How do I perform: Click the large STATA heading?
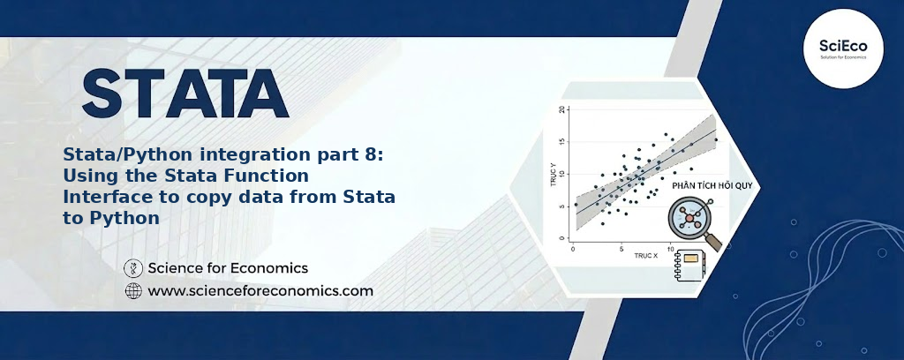[x=185, y=94]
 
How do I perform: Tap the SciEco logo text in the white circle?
[x=843, y=47]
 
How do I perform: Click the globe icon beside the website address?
[x=133, y=291]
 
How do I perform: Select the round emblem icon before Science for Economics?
[x=133, y=268]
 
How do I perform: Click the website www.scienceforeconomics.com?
[x=260, y=291]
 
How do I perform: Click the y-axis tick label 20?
[x=562, y=109]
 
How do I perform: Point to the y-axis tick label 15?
[x=562, y=142]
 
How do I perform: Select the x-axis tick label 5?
[x=621, y=249]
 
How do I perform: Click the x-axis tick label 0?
[x=572, y=249]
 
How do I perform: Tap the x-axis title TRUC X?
[x=645, y=255]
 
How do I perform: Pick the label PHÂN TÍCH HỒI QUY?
[x=707, y=186]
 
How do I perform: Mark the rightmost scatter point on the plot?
[x=716, y=139]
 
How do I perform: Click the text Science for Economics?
[x=228, y=268]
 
